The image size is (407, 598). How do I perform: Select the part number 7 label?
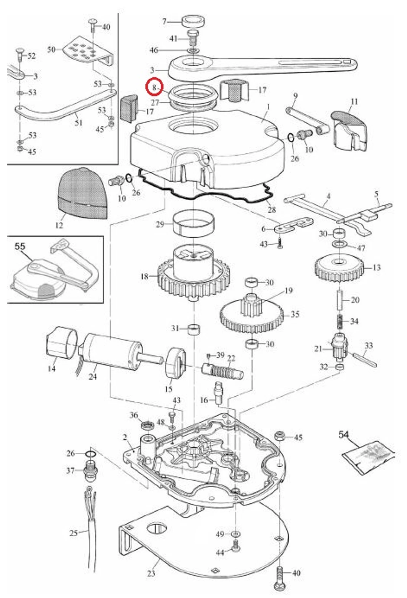coord(165,22)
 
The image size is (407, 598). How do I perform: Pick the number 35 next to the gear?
coord(295,315)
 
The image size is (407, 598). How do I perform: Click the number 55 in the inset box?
coord(20,246)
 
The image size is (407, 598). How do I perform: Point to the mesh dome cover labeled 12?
coord(82,194)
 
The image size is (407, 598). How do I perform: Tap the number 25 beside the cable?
coord(74,533)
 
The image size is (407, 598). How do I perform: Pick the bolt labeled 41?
coord(192,37)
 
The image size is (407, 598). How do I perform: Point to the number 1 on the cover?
coord(268,107)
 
